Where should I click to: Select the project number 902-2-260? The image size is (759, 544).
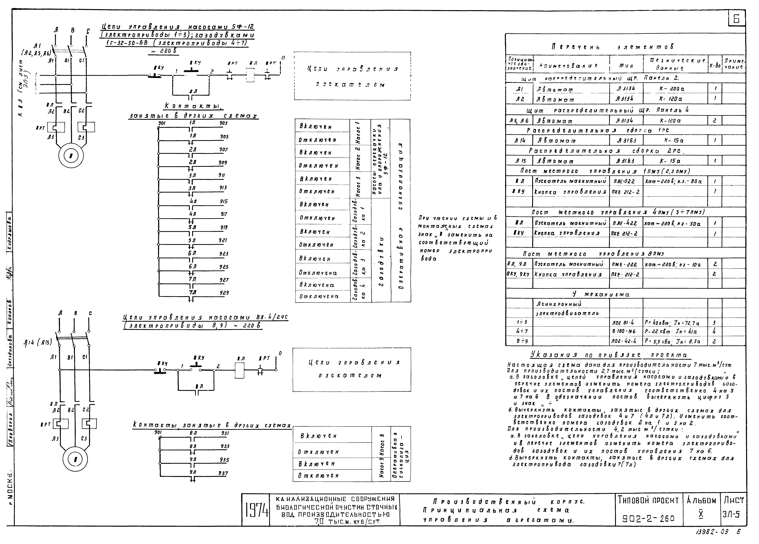click(648, 519)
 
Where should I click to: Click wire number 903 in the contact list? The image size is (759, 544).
click(223, 123)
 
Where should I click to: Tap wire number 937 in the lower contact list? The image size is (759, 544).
click(223, 473)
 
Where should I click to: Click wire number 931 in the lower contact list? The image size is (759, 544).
click(225, 433)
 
